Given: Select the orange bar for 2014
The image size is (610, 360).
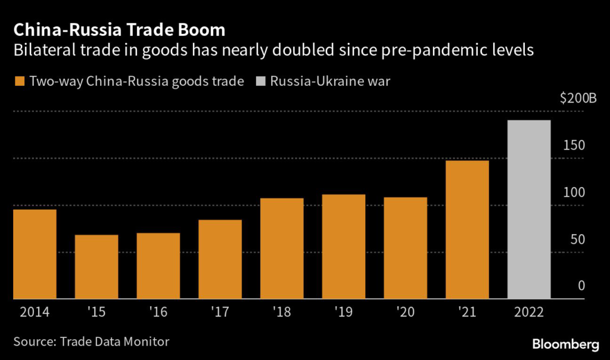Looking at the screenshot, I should click(x=35, y=254).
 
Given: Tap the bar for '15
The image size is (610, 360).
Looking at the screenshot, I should click(x=97, y=266).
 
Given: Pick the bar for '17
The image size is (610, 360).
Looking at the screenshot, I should click(x=220, y=259).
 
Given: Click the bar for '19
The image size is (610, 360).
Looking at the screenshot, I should click(x=344, y=246).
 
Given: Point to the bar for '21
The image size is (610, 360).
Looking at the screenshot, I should click(x=467, y=229).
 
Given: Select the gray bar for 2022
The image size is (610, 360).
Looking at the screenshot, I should click(x=529, y=209).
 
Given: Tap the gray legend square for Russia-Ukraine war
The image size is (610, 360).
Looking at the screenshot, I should click(x=260, y=81).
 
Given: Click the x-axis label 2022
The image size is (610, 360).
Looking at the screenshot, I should click(x=529, y=312).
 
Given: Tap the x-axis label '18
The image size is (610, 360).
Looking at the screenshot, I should click(x=282, y=312).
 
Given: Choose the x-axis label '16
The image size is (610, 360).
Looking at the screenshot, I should click(x=158, y=312).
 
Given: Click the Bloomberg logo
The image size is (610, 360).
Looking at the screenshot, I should click(x=565, y=344).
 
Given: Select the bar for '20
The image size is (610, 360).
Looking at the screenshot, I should click(x=405, y=248).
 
